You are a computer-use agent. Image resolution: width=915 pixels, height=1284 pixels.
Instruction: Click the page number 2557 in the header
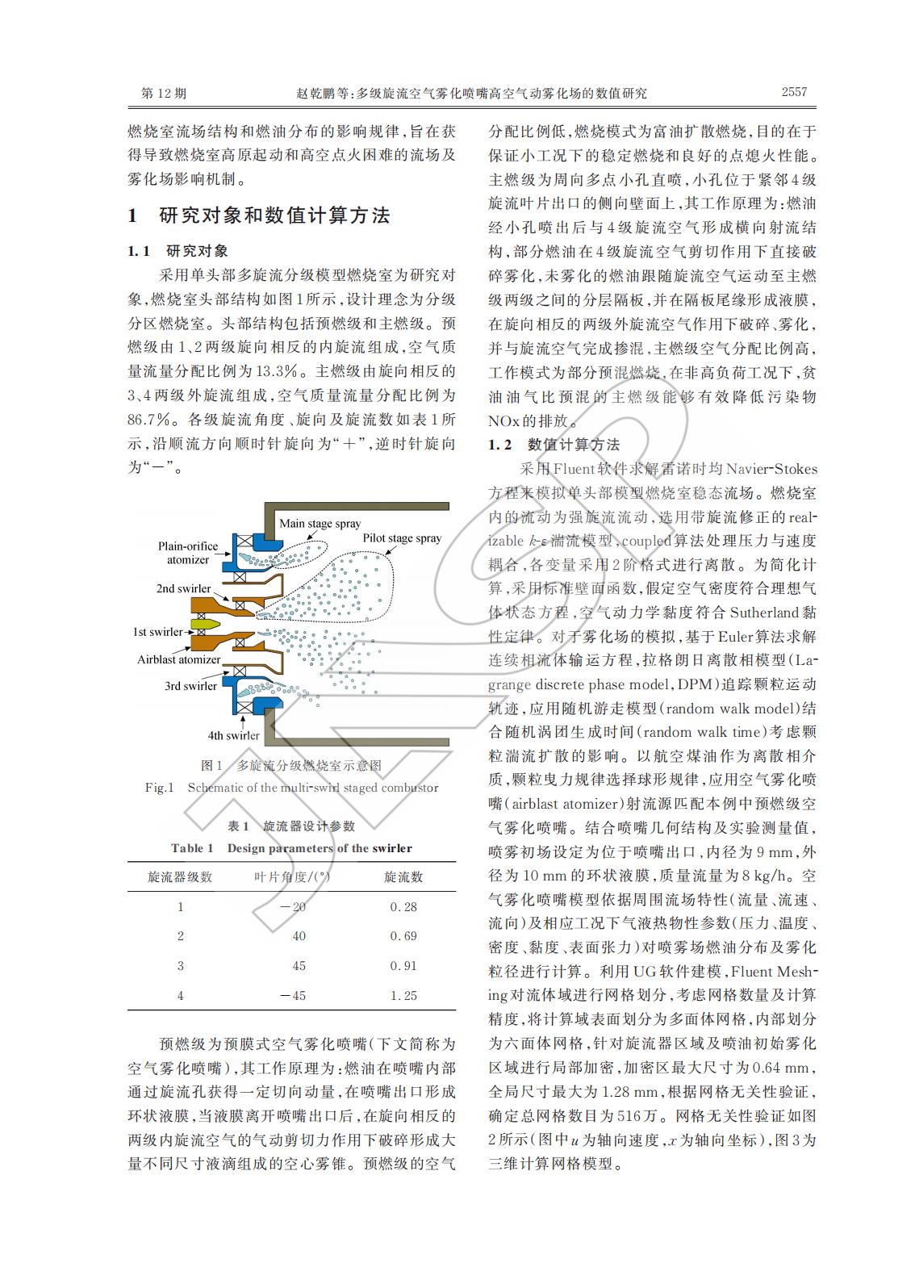(x=793, y=92)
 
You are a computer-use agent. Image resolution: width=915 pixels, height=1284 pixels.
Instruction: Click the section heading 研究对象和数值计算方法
(x=274, y=215)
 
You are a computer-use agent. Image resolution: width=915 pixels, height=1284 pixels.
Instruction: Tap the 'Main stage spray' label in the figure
(x=320, y=523)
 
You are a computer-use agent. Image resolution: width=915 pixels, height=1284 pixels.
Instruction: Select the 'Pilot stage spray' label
(x=402, y=538)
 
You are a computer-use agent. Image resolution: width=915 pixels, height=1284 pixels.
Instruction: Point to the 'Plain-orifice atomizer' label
(x=187, y=553)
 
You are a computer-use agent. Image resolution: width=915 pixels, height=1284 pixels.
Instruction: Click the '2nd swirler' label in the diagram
(x=183, y=588)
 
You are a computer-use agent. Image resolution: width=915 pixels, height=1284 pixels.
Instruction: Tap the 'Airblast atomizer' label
(x=178, y=659)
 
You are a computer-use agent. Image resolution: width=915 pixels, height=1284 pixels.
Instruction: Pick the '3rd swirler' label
(x=190, y=686)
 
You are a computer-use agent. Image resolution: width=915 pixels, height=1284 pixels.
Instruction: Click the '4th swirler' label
(x=233, y=735)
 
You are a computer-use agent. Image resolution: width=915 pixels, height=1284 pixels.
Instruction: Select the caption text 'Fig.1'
(x=159, y=788)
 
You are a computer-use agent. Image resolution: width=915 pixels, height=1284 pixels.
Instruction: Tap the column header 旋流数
(x=403, y=876)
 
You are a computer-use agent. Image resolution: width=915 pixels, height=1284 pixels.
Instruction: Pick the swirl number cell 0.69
(x=403, y=936)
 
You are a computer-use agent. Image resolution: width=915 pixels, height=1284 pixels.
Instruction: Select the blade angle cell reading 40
(x=299, y=936)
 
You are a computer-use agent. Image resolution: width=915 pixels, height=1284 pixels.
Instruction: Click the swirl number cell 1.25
(x=403, y=996)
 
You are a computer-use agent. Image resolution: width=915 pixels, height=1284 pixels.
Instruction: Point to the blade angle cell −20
(x=293, y=906)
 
